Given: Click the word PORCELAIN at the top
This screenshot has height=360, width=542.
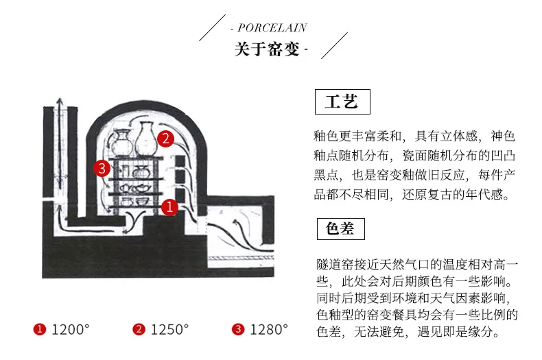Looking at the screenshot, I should coord(272,28).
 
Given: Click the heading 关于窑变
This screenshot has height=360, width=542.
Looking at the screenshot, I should coord(268,49).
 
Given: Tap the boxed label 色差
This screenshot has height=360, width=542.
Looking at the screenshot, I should coord(340,228).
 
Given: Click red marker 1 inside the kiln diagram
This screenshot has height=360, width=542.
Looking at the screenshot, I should coord(170,205).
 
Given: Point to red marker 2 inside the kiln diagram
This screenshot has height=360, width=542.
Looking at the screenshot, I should coord(165,138).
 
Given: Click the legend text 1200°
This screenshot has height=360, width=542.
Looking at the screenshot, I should coord(71,330).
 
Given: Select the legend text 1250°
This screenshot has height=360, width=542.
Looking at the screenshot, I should coord(169,330).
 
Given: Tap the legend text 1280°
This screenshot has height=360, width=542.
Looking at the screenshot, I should coord(269,330).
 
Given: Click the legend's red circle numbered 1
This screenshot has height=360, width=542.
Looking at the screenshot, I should coord(40,330).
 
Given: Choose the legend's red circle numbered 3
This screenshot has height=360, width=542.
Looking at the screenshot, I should coord(238,330).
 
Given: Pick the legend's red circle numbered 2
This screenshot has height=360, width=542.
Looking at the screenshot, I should coord(139,330).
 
